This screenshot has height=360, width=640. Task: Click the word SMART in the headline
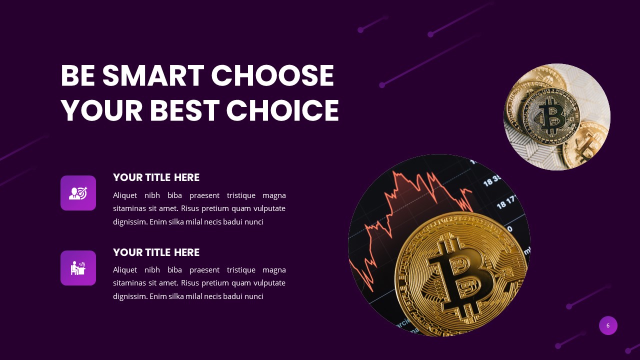(152, 76)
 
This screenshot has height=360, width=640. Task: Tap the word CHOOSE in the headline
(272, 76)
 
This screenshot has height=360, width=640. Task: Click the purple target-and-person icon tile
(78, 193)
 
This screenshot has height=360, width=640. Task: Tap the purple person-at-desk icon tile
(78, 268)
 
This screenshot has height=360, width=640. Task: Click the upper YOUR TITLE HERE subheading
(156, 177)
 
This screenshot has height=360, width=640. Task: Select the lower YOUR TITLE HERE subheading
(156, 252)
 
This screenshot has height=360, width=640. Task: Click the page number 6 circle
(608, 325)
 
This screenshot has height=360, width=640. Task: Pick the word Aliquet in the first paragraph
(125, 195)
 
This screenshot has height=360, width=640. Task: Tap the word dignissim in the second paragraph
(130, 296)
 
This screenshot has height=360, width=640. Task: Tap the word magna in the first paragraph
(274, 195)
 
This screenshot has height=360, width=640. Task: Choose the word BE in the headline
(77, 76)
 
